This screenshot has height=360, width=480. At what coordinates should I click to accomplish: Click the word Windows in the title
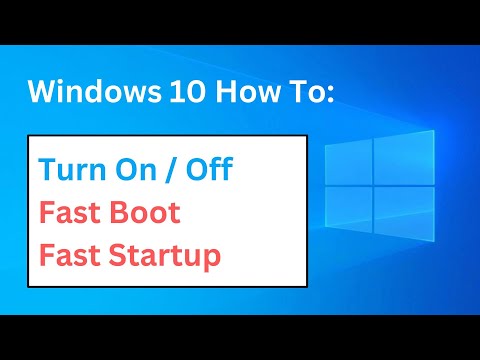coord(88,92)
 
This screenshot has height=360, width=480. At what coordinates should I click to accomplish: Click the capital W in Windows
coord(46,92)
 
